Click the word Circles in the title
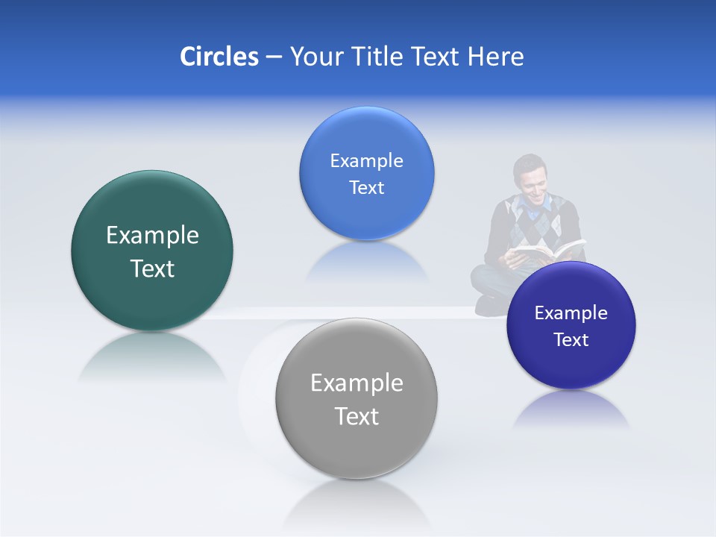(219, 57)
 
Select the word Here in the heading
(496, 57)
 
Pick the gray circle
(357, 447)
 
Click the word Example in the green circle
(152, 236)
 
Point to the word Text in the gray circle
(357, 416)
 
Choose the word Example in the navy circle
(571, 313)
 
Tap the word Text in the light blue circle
(366, 188)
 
